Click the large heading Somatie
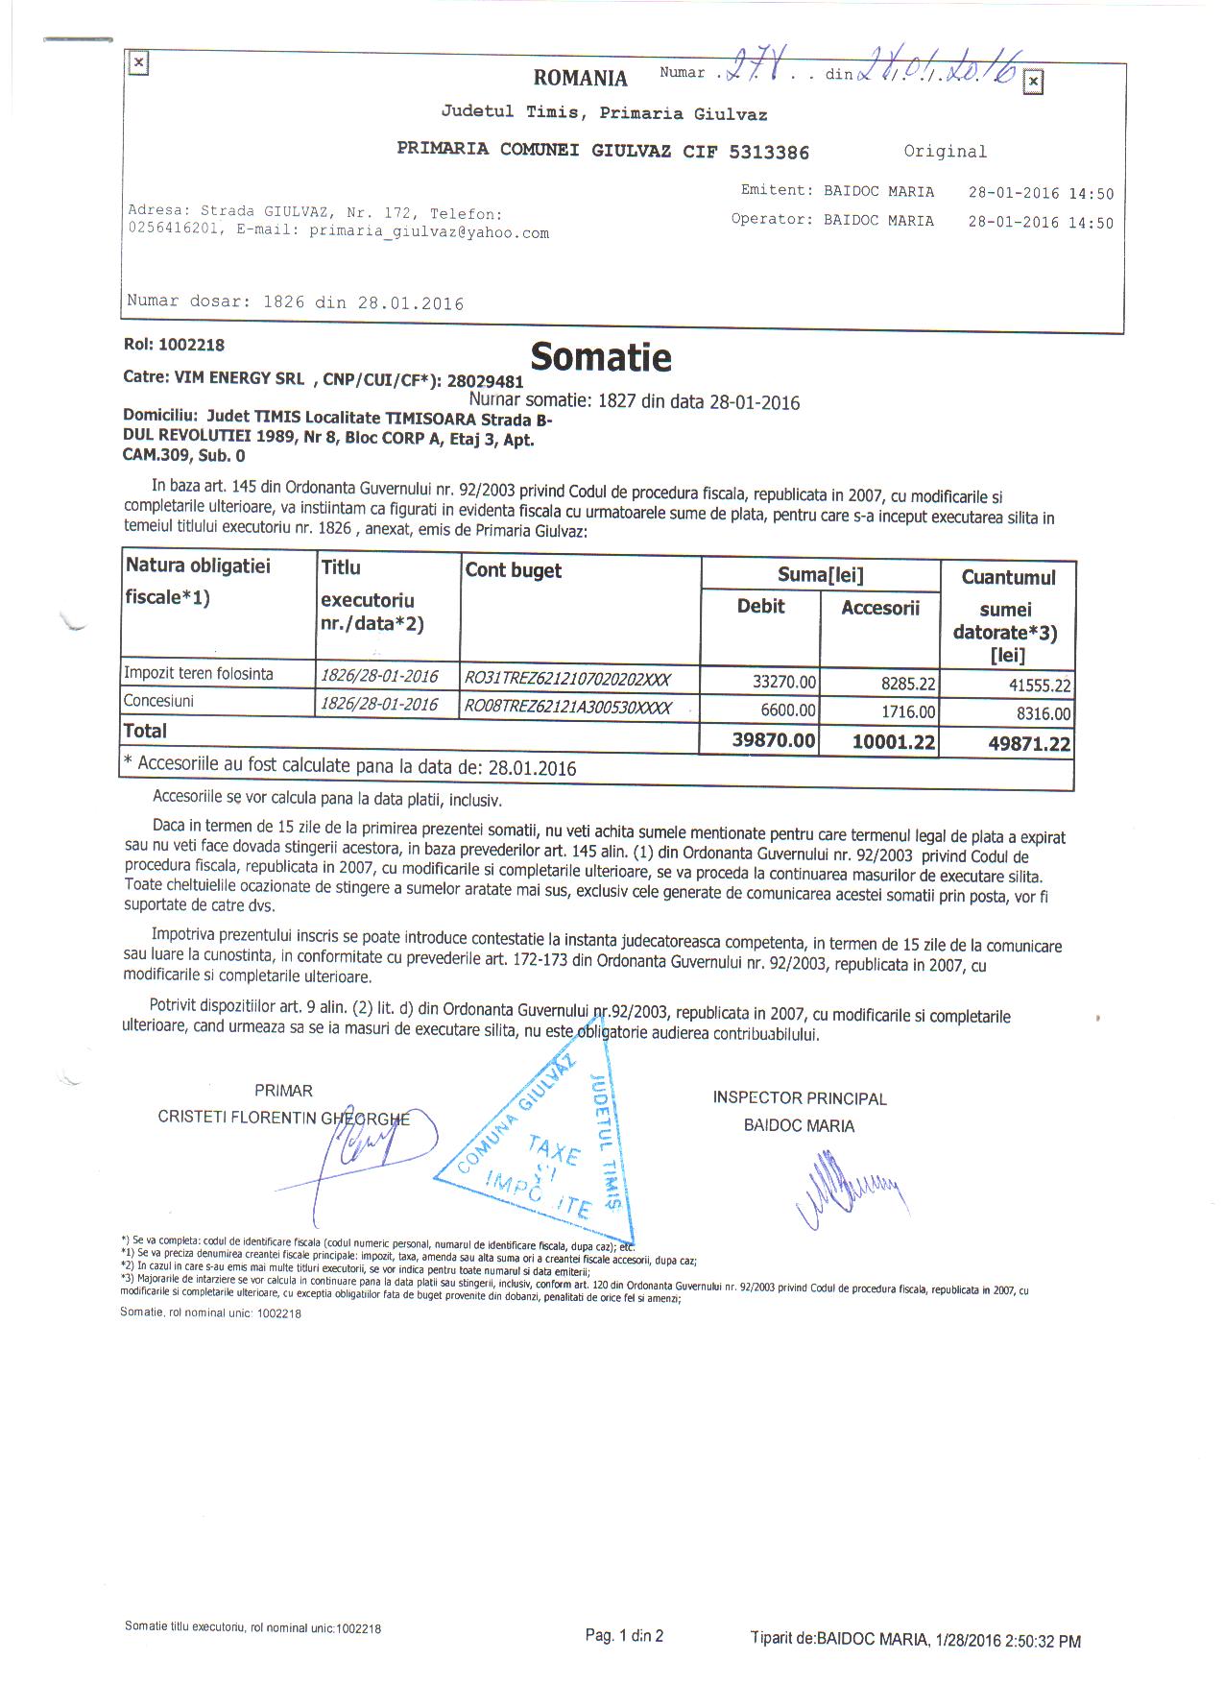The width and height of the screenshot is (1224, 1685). click(x=601, y=357)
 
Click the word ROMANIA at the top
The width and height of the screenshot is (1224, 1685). click(x=580, y=78)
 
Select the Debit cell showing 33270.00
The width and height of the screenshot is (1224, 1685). click(x=784, y=682)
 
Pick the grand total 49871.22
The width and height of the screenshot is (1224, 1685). click(x=1028, y=743)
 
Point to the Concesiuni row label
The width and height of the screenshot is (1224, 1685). click(x=158, y=702)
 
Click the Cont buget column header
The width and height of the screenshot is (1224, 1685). click(x=513, y=570)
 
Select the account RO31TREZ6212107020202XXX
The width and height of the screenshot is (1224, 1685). click(x=567, y=680)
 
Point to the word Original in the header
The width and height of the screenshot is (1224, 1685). click(x=945, y=152)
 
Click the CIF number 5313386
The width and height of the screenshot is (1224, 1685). click(x=769, y=152)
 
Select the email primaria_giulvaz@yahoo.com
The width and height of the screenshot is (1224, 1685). click(x=428, y=232)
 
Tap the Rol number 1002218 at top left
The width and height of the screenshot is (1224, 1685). click(x=191, y=345)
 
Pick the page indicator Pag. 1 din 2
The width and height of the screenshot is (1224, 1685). click(x=624, y=1636)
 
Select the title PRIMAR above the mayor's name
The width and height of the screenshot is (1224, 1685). click(x=283, y=1091)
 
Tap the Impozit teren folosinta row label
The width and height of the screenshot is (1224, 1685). click(x=199, y=674)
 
